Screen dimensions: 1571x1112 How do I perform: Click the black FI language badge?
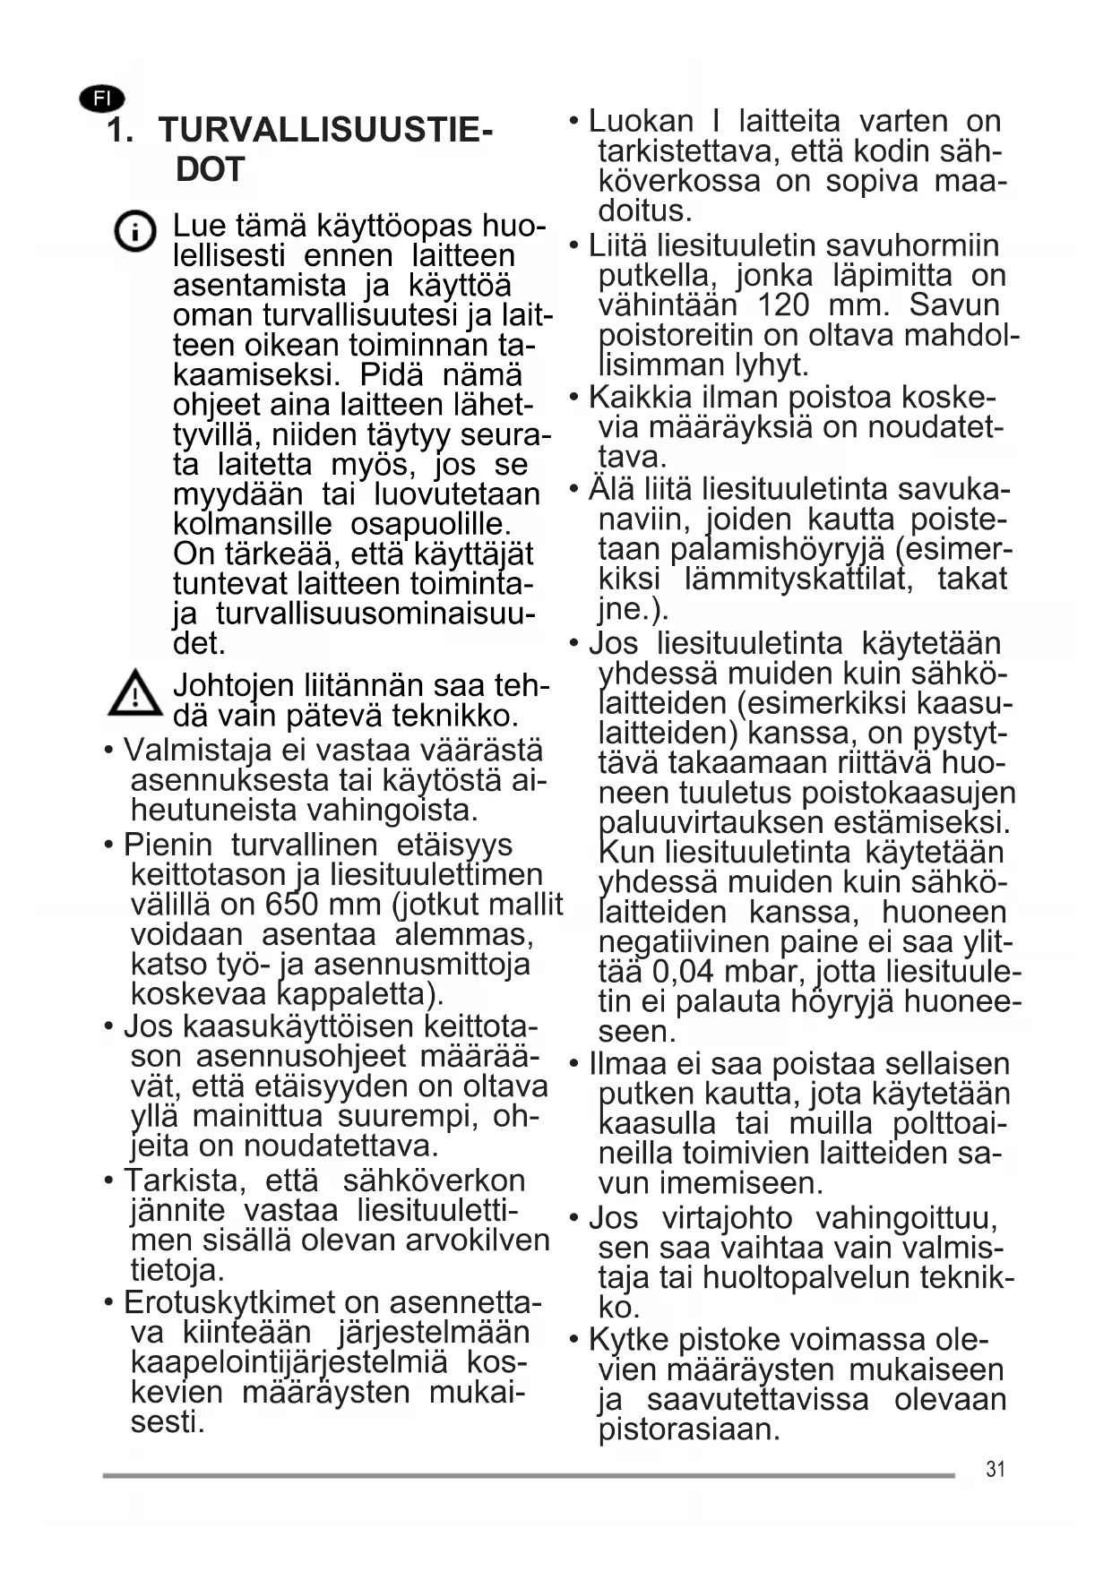[x=102, y=99]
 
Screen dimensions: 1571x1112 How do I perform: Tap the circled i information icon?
[x=135, y=232]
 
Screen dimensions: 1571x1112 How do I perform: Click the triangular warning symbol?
[x=134, y=693]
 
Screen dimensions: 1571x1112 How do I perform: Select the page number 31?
[x=995, y=1469]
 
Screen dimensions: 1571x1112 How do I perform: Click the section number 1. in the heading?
[x=121, y=132]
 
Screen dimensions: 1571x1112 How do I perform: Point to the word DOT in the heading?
[x=210, y=169]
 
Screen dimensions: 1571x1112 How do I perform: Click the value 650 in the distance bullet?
[x=294, y=905]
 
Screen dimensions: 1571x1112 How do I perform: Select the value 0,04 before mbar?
[x=685, y=972]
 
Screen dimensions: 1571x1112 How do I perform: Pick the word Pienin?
[x=168, y=845]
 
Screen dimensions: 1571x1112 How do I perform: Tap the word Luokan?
[x=641, y=121]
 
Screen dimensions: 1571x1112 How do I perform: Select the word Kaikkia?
[x=641, y=397]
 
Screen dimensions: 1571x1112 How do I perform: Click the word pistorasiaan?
[x=689, y=1429]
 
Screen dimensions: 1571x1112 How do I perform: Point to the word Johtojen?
[x=233, y=685]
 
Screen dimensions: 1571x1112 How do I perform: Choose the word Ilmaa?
[x=626, y=1064]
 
